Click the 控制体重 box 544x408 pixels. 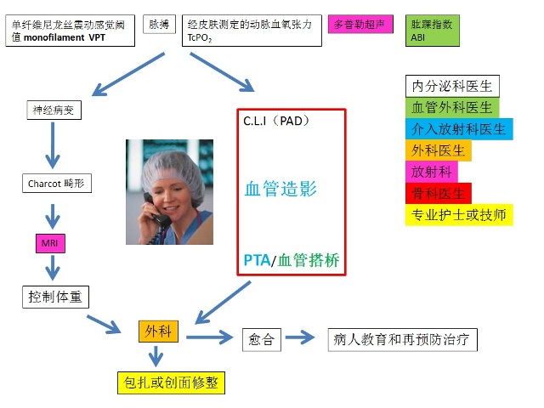pos(55,297)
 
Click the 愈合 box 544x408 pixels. pos(262,338)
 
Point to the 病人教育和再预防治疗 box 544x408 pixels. pos(402,338)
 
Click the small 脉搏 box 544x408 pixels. pos(159,25)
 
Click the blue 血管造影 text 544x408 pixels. pos(280,189)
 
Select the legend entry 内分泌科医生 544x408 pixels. pos(451,86)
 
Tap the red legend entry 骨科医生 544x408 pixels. pos(439,193)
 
